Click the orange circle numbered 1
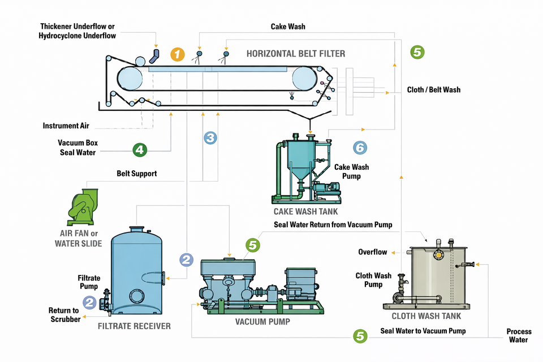(x=177, y=54)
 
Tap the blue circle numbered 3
(x=210, y=137)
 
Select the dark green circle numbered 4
(x=140, y=150)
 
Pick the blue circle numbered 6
(x=360, y=148)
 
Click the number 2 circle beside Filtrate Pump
(x=89, y=303)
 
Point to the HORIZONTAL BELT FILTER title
(x=296, y=54)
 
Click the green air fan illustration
(x=83, y=207)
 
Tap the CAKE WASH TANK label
(x=305, y=212)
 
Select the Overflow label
(x=372, y=252)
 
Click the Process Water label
(x=519, y=335)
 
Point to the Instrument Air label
(x=66, y=126)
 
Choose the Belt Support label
(x=136, y=174)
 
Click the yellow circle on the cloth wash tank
(x=438, y=255)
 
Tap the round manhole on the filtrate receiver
(x=136, y=296)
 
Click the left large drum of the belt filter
(x=130, y=79)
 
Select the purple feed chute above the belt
(x=154, y=56)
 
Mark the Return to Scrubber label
(x=64, y=314)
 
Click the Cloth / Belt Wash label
(x=434, y=90)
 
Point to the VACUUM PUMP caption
(x=262, y=322)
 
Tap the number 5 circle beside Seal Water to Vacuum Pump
(x=360, y=336)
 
